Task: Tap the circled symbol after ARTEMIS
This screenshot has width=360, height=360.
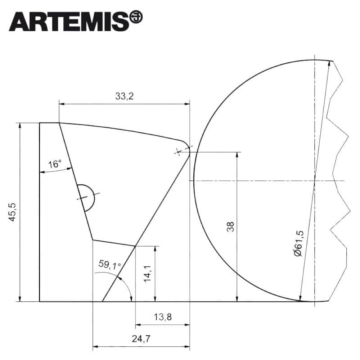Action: [x=136, y=17]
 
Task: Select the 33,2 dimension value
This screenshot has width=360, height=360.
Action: [x=124, y=96]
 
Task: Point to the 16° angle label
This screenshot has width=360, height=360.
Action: [x=55, y=164]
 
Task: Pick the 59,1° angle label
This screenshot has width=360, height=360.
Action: [x=110, y=264]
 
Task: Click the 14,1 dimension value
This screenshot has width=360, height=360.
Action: [x=147, y=274]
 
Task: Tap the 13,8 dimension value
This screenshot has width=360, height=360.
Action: [x=163, y=317]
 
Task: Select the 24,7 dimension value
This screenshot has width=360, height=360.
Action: [x=141, y=338]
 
